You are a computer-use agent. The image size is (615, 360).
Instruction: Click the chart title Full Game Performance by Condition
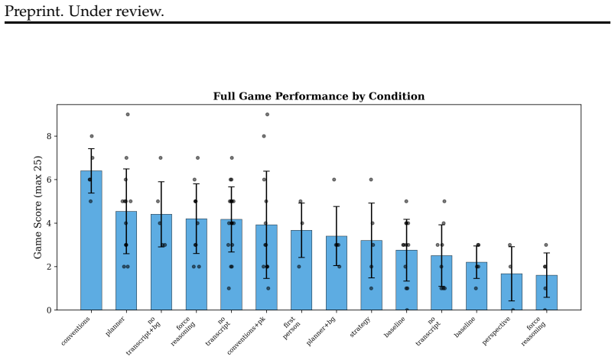tap(318, 96)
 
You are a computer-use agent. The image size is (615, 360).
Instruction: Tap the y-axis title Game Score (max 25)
tap(37, 207)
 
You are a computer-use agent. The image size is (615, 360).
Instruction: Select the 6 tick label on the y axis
tap(50, 180)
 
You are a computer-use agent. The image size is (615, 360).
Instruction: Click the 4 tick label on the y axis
tap(50, 223)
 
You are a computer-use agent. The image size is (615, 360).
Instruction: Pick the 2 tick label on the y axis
tap(50, 267)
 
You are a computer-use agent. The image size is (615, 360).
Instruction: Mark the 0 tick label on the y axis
tap(50, 310)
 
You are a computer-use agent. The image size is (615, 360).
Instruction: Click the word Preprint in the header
tap(34, 11)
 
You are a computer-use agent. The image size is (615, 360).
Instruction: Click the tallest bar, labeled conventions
tap(91, 240)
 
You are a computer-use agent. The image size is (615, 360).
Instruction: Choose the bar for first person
tap(301, 270)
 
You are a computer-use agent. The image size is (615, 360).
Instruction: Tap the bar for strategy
tap(372, 275)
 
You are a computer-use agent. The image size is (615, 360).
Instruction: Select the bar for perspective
tap(512, 292)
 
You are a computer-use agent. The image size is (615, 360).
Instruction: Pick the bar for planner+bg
tap(337, 273)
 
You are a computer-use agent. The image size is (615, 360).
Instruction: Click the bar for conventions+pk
tap(266, 268)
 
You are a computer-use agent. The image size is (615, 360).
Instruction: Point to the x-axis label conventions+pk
tap(246, 336)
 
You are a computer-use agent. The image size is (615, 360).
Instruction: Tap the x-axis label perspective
tap(496, 330)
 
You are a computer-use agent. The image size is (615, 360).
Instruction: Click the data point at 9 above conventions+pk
tap(268, 115)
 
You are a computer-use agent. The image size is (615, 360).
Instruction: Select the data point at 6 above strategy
tap(371, 180)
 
